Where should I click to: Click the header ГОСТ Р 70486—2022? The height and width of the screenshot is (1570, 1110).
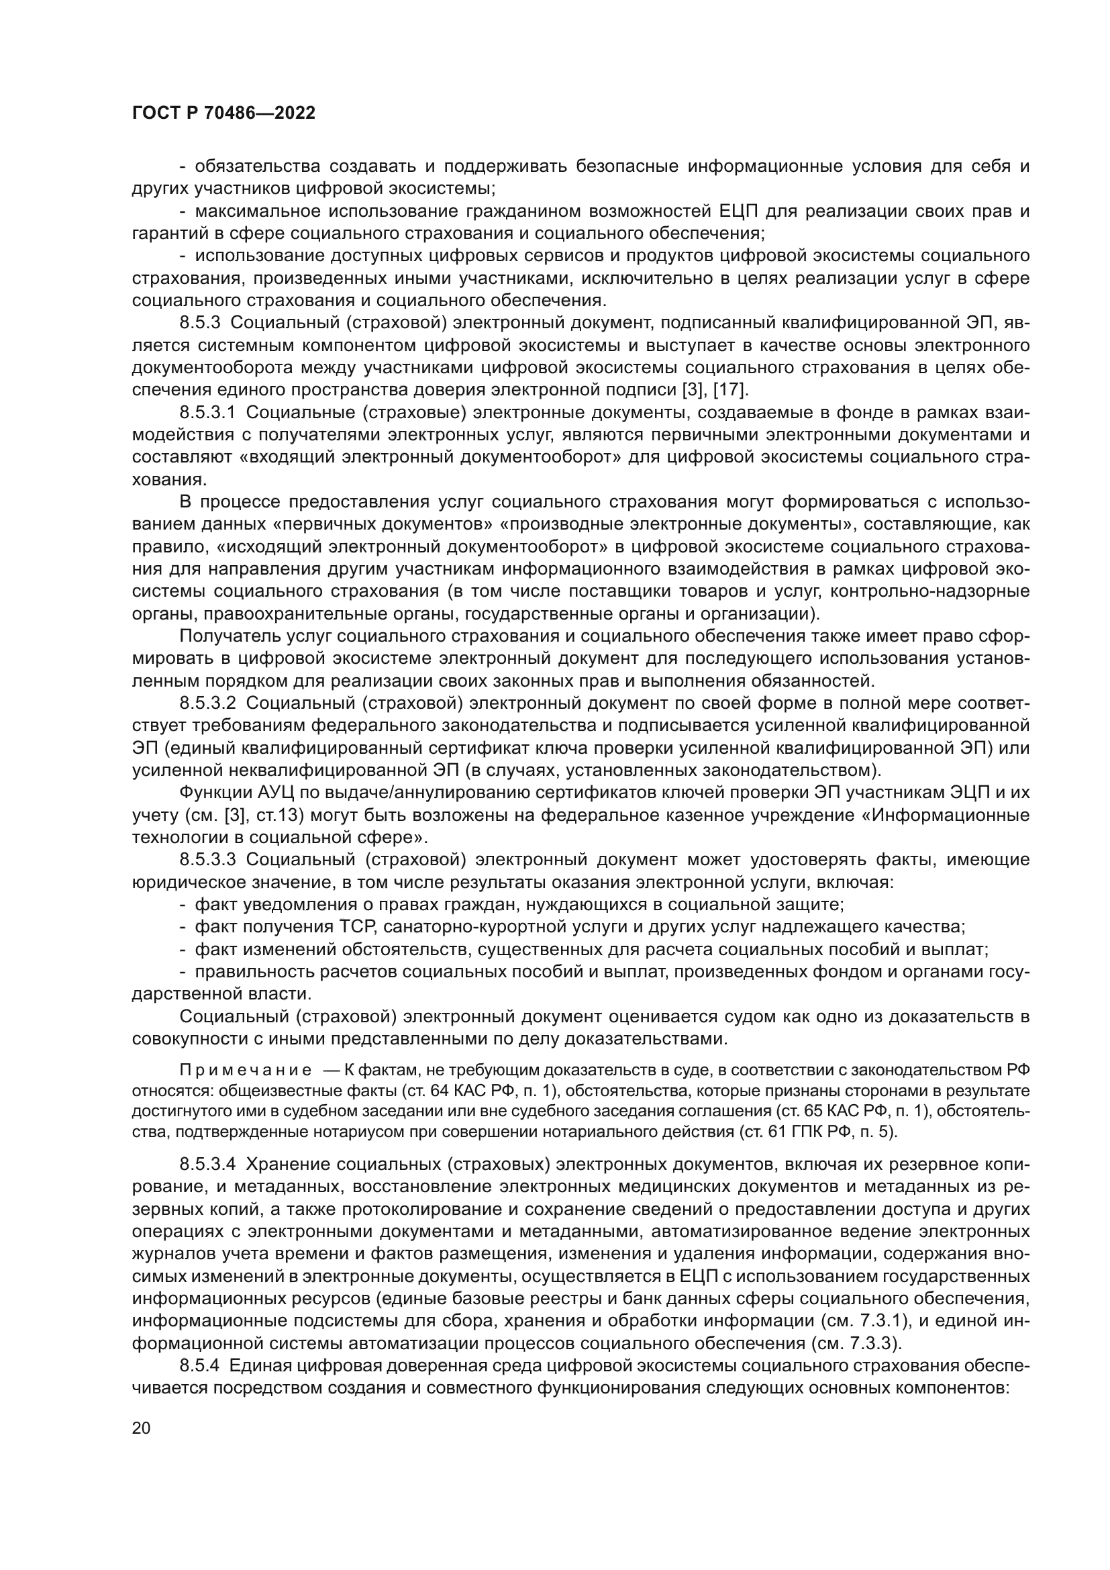click(x=223, y=113)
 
